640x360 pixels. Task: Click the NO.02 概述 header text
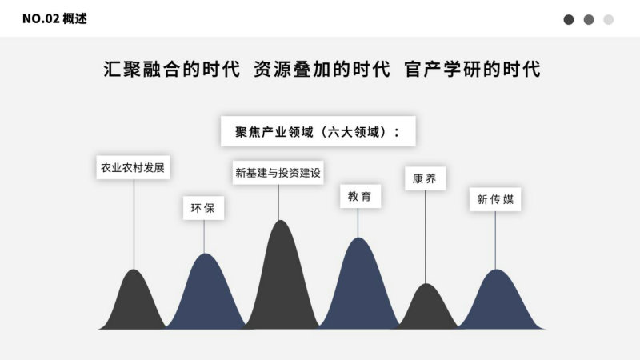coord(54,18)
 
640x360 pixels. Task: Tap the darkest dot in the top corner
coord(569,19)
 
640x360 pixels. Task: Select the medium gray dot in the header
coord(589,19)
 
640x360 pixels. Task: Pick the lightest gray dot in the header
coord(608,19)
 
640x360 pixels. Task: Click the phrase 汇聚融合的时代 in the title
coord(171,69)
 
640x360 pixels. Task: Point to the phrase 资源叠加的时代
coord(322,69)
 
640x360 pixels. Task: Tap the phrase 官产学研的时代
coord(472,69)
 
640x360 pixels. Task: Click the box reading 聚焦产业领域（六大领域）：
coord(318,131)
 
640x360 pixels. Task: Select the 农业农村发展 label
coord(133,167)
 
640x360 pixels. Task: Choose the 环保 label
coord(203,208)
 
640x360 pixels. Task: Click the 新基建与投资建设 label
coord(278,173)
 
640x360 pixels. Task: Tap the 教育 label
coord(361,196)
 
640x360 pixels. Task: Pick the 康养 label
coord(425,178)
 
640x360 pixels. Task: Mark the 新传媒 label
coord(495,199)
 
